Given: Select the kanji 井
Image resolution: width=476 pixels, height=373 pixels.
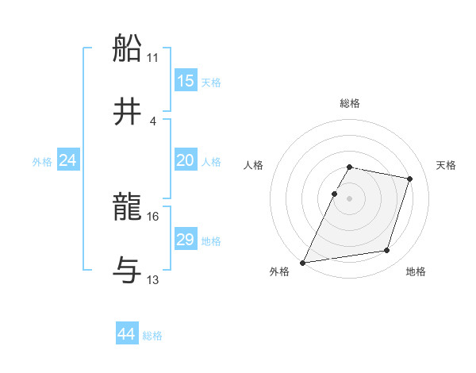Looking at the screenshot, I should pyautogui.click(x=129, y=110).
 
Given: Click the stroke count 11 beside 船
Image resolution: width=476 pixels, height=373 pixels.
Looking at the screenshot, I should pyautogui.click(x=153, y=58).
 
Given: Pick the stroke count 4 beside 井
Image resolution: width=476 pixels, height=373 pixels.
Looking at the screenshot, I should pyautogui.click(x=153, y=121).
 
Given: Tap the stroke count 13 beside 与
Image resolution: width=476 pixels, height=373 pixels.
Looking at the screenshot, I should pyautogui.click(x=153, y=280).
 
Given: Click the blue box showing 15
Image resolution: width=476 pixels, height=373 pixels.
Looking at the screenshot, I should pyautogui.click(x=185, y=82).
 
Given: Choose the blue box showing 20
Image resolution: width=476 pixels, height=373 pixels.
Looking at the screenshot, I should pyautogui.click(x=185, y=161).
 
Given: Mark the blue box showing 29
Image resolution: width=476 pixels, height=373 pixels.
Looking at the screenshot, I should pyautogui.click(x=185, y=240).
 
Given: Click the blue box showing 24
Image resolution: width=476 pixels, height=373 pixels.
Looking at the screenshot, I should pyautogui.click(x=68, y=161).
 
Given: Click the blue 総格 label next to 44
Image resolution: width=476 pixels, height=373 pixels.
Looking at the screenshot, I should pyautogui.click(x=152, y=336).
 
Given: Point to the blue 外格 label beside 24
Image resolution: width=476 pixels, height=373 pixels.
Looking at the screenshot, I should pyautogui.click(x=42, y=162).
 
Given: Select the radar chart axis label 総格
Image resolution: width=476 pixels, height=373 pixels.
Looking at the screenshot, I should pyautogui.click(x=350, y=103).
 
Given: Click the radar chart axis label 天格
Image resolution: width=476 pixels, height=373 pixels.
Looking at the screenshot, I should pyautogui.click(x=447, y=165).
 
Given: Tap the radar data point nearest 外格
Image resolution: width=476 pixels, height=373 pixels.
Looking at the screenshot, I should pyautogui.click(x=303, y=263).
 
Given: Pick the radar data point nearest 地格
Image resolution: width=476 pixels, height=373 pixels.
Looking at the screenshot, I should pyautogui.click(x=387, y=251).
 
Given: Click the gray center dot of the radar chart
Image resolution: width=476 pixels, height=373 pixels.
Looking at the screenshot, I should pyautogui.click(x=350, y=198).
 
